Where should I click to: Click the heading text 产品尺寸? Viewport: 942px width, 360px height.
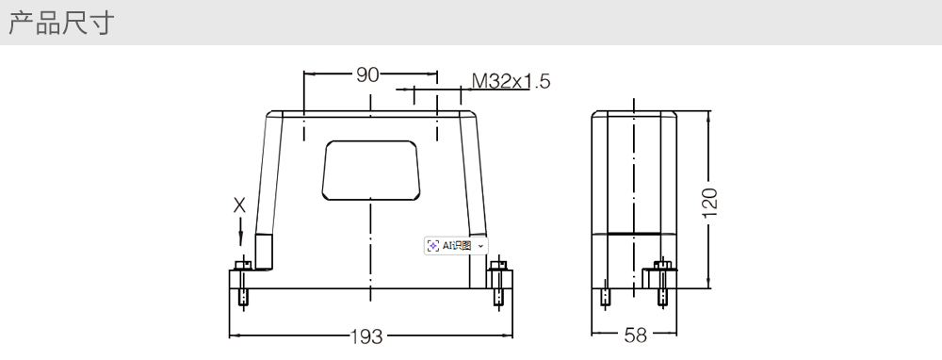coord(60,23)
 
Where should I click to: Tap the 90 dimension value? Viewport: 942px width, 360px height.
coord(367,75)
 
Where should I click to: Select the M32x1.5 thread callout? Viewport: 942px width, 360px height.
coord(511,80)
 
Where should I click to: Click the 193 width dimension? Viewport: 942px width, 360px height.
coord(366,336)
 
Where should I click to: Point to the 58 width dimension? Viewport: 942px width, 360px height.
coord(635,335)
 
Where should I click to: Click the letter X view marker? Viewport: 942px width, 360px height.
coord(239,206)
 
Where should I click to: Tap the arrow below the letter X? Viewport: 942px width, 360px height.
coord(240,232)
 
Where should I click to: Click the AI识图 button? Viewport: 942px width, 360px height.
coord(456,245)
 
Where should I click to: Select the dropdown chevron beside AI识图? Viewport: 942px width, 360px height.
coord(480,246)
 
